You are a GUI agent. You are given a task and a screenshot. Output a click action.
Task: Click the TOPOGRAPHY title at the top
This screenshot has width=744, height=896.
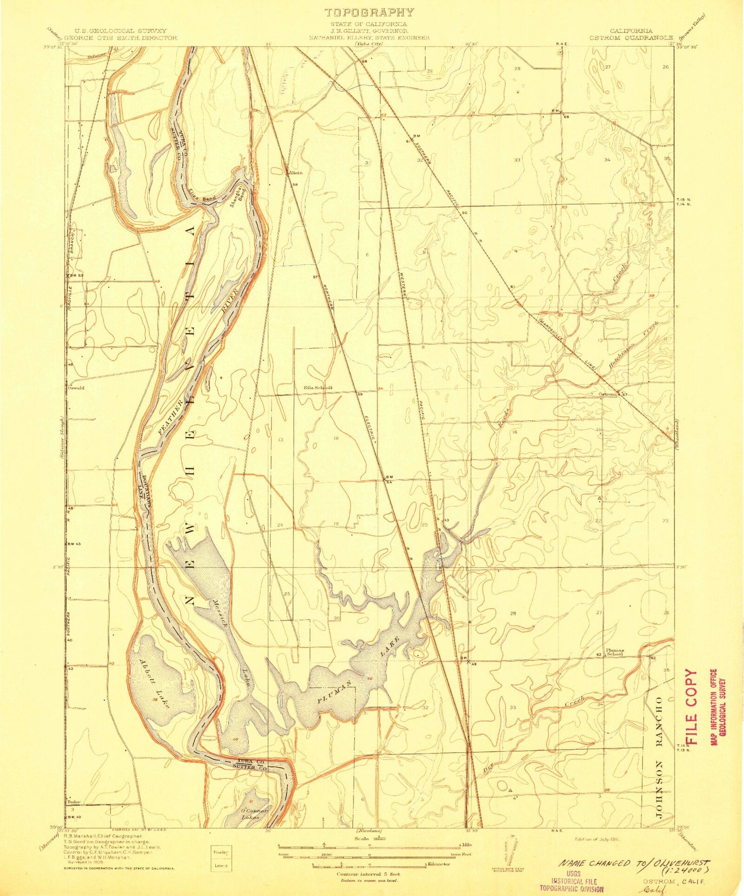(369, 12)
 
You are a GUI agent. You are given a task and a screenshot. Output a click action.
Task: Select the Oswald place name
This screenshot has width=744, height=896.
(76, 388)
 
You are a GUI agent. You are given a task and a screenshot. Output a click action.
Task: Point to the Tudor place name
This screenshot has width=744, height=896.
(74, 802)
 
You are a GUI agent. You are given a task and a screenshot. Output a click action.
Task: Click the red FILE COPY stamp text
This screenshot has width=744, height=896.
(691, 707)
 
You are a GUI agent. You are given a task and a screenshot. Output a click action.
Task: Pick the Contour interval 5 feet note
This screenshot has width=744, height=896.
(369, 874)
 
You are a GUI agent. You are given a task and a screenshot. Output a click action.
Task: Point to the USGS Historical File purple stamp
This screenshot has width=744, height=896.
(571, 881)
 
